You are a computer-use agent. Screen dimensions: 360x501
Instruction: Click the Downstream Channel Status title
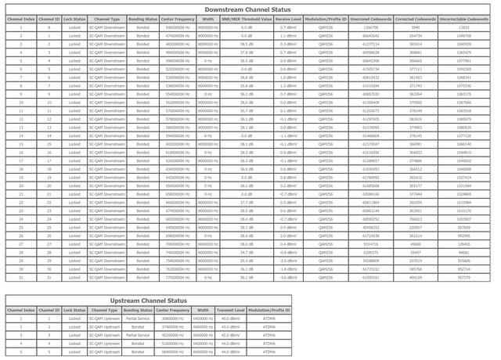[x=248, y=8]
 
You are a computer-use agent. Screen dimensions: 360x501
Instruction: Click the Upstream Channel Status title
[x=148, y=300]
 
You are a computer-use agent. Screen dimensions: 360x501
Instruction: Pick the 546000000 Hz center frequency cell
[x=179, y=27]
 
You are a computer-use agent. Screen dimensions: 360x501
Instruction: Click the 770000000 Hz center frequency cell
[x=179, y=277]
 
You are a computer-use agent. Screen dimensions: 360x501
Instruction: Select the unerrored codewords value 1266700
[x=371, y=27]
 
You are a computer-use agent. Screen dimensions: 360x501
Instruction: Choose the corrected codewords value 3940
[x=416, y=27]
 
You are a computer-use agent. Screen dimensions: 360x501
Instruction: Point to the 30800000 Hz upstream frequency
[x=172, y=319]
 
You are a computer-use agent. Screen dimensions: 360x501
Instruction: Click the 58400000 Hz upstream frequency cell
[x=172, y=351]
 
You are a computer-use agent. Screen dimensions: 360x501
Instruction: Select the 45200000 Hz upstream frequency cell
[x=172, y=335]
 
